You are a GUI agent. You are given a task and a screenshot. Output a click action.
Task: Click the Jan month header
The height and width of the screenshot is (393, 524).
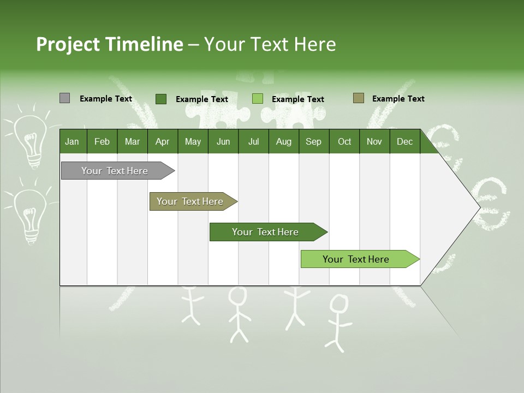point(72,141)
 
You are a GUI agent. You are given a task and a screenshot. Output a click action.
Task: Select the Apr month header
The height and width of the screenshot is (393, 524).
point(162,141)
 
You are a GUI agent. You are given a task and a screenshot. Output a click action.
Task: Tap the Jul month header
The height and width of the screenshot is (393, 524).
point(253,141)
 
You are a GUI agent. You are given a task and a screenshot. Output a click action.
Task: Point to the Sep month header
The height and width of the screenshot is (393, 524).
point(313,141)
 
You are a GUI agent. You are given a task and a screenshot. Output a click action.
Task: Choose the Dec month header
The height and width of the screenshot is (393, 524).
point(404,141)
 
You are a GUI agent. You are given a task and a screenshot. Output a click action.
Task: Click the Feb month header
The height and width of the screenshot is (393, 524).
point(102,141)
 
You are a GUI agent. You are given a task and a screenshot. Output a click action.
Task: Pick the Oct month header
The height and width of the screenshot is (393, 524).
point(344,141)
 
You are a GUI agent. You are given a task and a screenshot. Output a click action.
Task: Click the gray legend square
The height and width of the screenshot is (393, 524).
point(64,98)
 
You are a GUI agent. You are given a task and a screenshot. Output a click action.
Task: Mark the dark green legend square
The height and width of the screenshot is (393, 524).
point(161,99)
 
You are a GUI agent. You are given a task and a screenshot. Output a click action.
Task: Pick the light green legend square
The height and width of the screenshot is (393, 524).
point(258,99)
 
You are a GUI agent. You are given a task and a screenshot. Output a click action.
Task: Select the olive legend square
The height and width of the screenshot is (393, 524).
point(359,98)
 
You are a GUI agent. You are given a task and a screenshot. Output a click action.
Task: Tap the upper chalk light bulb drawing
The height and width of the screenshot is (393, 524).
point(31,139)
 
